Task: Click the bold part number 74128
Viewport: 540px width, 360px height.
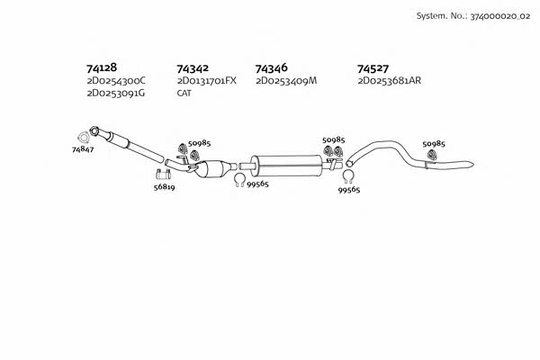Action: pos(102,67)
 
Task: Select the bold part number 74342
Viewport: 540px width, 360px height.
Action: pos(193,68)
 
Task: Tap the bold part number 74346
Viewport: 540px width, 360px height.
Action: pos(271,68)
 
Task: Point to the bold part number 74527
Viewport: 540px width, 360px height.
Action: pos(373,68)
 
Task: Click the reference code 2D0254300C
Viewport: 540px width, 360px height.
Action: pos(116,81)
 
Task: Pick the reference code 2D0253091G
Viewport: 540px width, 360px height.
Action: pos(116,94)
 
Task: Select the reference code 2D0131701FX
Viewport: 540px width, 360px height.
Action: pos(207,81)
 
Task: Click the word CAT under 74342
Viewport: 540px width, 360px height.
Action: pos(184,93)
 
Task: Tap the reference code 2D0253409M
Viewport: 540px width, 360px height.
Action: pos(286,81)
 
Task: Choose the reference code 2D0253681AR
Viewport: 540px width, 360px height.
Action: pos(389,81)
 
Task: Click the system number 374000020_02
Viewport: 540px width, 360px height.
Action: pos(500,16)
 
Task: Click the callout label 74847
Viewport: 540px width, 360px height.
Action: pos(83,149)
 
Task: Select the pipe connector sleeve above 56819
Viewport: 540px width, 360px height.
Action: pos(163,175)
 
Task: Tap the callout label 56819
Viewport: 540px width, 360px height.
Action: pos(165,187)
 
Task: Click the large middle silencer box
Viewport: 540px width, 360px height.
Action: pos(286,166)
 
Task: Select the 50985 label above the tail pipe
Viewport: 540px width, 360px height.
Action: pos(434,144)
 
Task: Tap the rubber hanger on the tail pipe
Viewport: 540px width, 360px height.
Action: pos(431,155)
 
